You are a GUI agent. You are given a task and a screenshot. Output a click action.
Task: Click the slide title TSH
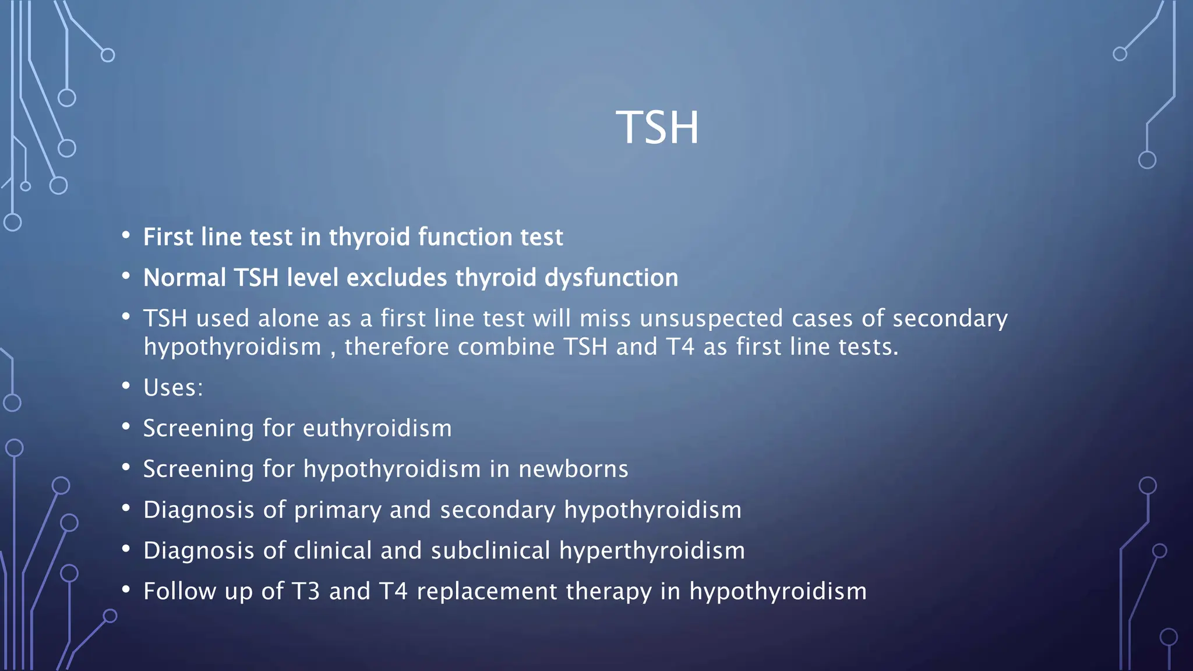pos(657,128)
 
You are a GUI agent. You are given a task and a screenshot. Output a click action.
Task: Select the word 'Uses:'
pos(173,388)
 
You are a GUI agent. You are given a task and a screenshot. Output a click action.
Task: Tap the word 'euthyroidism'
pos(377,429)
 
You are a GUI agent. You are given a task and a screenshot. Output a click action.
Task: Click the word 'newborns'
pos(573,469)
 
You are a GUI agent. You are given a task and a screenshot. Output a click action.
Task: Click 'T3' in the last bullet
pos(306,592)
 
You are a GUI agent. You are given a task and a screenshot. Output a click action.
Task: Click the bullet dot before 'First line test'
pos(126,235)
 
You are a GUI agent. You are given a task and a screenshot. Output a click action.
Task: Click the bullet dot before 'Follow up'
pos(126,589)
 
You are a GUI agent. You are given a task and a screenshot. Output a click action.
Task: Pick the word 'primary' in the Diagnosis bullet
pos(338,510)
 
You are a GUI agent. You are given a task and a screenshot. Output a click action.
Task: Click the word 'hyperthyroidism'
pos(652,551)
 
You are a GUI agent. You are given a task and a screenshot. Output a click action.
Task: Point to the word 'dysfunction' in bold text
pos(611,278)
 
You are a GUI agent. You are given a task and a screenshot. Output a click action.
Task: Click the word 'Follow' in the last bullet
pos(179,592)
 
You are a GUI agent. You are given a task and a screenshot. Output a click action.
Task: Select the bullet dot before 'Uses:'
pos(126,386)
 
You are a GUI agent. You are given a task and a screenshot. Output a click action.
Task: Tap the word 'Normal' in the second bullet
pos(184,278)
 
